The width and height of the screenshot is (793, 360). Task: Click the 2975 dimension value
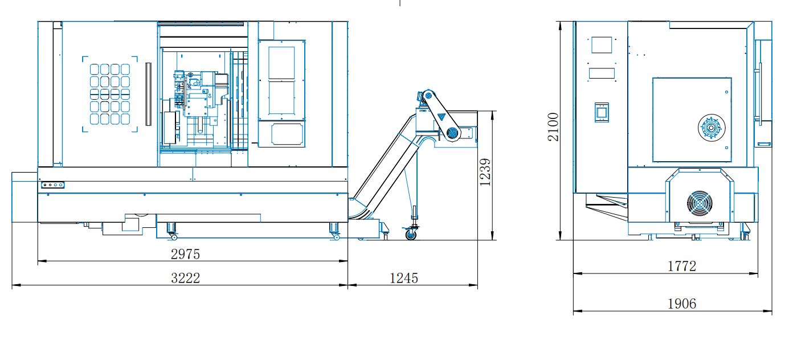click(x=185, y=254)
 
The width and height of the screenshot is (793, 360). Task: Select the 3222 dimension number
click(x=185, y=278)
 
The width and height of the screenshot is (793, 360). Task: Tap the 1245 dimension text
click(x=403, y=278)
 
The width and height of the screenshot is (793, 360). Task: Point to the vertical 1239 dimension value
click(x=485, y=172)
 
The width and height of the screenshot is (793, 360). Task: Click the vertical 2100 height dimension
click(x=553, y=127)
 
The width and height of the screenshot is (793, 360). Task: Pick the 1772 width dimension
click(x=681, y=266)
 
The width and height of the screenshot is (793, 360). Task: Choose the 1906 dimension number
click(x=681, y=304)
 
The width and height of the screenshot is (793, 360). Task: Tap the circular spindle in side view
click(x=712, y=128)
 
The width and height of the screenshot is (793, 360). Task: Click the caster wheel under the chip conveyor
click(x=411, y=234)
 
